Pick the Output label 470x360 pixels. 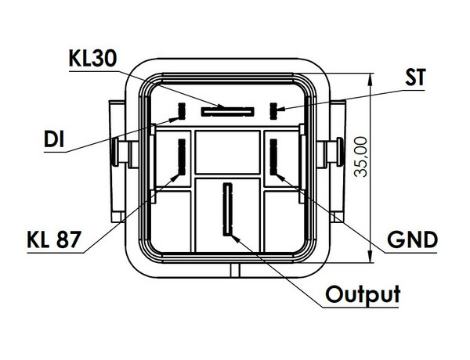(x=363, y=295)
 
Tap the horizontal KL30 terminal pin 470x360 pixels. (x=227, y=111)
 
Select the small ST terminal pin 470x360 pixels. (x=274, y=109)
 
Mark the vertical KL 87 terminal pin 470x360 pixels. (x=183, y=157)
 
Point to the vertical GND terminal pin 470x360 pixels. (x=274, y=157)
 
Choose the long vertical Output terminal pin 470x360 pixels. (x=228, y=209)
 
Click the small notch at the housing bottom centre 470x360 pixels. (x=230, y=269)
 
